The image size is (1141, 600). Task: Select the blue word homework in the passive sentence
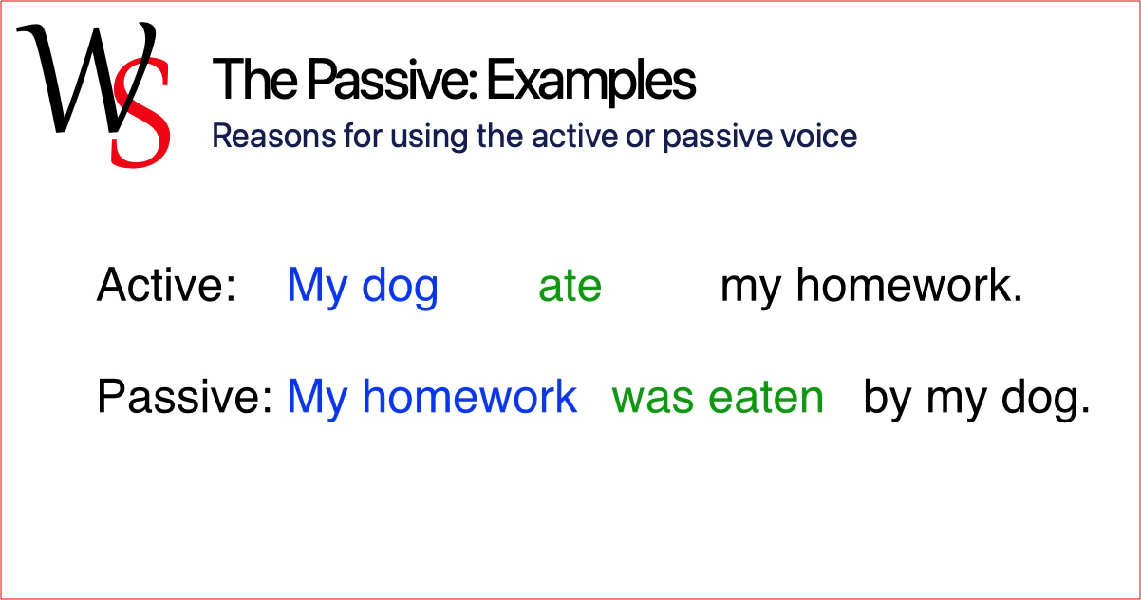click(x=469, y=397)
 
